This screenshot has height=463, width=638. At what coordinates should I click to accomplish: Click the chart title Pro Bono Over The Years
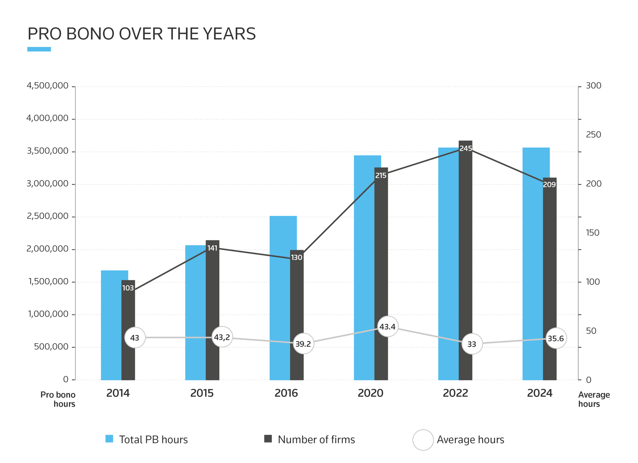click(x=142, y=34)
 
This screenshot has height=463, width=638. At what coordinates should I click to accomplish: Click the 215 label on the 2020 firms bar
click(x=381, y=176)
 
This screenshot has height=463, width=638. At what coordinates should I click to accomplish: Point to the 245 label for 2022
click(x=466, y=148)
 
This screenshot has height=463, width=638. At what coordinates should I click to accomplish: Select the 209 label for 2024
click(x=549, y=185)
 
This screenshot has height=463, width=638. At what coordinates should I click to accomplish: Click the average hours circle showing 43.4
click(x=387, y=327)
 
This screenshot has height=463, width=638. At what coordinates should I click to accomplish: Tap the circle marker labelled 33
click(x=472, y=344)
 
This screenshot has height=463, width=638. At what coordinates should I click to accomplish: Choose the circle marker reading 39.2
click(x=303, y=344)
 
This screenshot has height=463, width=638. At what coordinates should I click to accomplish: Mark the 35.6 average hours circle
click(x=556, y=339)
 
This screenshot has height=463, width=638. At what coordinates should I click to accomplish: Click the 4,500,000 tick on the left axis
click(x=48, y=86)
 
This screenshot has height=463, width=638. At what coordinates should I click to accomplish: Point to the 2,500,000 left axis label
click(x=48, y=216)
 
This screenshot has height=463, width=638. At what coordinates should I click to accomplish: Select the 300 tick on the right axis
click(x=593, y=86)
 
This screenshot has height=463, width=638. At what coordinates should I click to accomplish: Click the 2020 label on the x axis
click(x=371, y=393)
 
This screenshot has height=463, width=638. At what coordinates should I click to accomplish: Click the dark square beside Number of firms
click(x=268, y=439)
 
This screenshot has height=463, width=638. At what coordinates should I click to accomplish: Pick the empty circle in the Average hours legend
click(x=423, y=440)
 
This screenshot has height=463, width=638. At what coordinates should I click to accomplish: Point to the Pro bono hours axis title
click(x=58, y=399)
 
